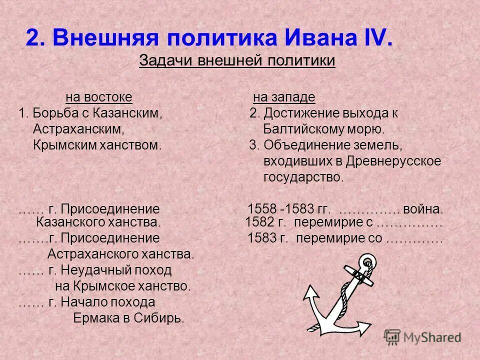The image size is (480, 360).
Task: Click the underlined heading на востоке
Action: pos(99,96)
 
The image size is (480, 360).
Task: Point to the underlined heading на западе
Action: pos(284,96)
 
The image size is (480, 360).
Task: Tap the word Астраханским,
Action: pos(78,129)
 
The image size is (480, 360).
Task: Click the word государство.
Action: pos(303,177)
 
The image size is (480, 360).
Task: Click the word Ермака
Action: pos(93,318)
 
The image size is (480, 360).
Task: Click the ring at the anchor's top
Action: pos(368,262)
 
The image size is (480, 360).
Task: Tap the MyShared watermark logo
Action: pos(423,337)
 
